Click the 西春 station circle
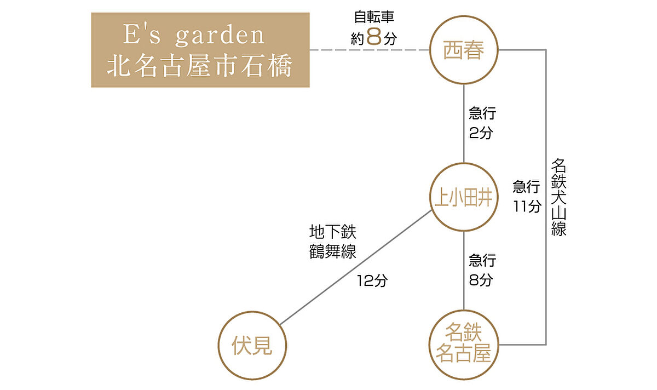tap(464, 51)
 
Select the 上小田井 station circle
tap(464, 197)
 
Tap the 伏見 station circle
tap(252, 346)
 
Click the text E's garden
tap(194, 36)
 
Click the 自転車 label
tap(374, 16)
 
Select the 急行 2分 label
tap(482, 123)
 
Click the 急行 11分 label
tap(527, 196)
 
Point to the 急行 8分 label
tap(482, 269)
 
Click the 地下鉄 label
tap(332, 232)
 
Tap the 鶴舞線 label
tap(332, 252)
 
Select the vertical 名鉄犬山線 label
tap(558, 197)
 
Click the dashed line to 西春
tap(370, 50)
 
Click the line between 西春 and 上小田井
tap(464, 123)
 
